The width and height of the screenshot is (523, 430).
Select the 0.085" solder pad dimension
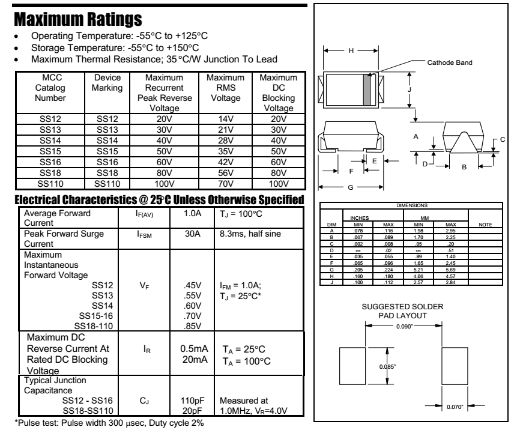click(389, 366)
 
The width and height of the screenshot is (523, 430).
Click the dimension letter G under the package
click(351, 187)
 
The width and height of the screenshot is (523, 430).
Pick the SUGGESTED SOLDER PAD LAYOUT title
click(403, 311)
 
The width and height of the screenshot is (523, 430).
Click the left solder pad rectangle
click(353, 366)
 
